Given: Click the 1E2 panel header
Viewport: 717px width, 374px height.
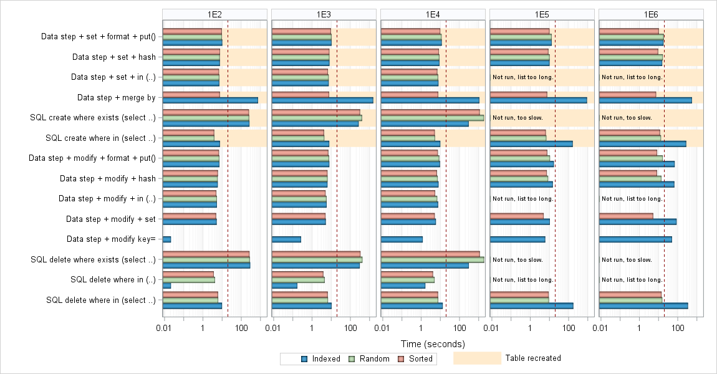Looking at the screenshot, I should (x=214, y=14).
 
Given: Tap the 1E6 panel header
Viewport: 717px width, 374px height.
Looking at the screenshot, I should (x=651, y=14).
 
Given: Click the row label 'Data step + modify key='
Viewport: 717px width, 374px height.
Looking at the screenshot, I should (x=111, y=239).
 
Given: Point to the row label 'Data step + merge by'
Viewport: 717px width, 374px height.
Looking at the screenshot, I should (x=116, y=97).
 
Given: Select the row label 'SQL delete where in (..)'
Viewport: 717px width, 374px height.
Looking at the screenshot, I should (x=113, y=280).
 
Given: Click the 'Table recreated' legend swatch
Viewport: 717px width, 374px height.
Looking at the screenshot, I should (x=477, y=358).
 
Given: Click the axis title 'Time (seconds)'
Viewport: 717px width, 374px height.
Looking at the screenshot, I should (x=433, y=344).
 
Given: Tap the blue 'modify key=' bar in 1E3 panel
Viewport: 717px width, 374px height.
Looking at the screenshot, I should (x=286, y=239).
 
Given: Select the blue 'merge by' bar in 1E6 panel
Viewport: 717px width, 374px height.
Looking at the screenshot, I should (x=645, y=100).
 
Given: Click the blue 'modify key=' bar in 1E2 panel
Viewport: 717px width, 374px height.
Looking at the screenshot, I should (x=166, y=239).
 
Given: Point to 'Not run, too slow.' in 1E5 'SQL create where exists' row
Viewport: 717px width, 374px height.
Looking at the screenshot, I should (x=517, y=117).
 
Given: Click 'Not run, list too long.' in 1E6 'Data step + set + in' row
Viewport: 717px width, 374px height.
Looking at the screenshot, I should (x=632, y=77).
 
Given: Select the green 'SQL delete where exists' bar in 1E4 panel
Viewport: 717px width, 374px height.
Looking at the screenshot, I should (x=432, y=260).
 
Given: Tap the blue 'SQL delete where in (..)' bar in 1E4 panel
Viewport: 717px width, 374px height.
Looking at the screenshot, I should (x=403, y=285).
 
